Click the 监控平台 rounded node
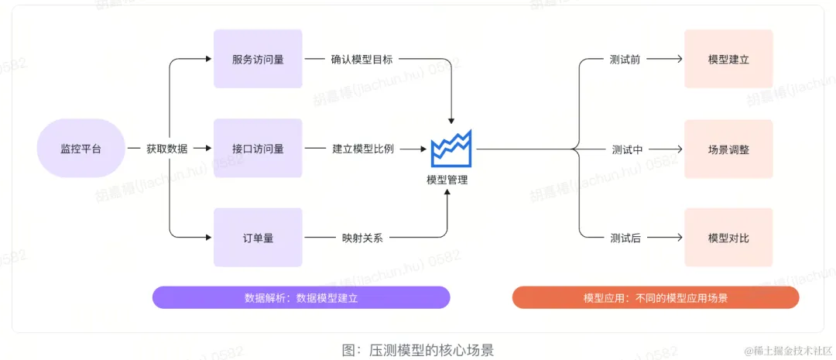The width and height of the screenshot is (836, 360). tap(81, 149)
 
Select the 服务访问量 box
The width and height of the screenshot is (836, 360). tap(258, 59)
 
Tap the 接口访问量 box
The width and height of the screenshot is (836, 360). tap(258, 149)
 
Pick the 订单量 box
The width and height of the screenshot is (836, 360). tap(258, 238)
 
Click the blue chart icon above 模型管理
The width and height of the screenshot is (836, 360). tap(451, 148)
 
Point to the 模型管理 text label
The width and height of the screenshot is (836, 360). tap(447, 180)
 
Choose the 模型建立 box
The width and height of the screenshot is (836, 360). tap(728, 59)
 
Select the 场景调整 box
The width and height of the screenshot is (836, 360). tap(728, 149)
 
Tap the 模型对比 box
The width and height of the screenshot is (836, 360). tap(728, 238)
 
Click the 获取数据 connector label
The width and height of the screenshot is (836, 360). tap(167, 149)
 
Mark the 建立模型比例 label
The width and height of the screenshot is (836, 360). tap(363, 149)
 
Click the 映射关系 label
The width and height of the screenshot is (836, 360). tap(362, 238)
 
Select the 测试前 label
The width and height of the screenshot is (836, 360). tap(625, 59)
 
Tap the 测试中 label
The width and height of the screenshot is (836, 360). tap(627, 149)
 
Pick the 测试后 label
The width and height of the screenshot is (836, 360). tap(625, 238)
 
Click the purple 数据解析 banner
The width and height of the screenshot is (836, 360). tap(301, 297)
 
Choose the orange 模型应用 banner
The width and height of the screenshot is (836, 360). tap(655, 297)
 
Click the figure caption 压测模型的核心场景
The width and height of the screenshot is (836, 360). tap(418, 349)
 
